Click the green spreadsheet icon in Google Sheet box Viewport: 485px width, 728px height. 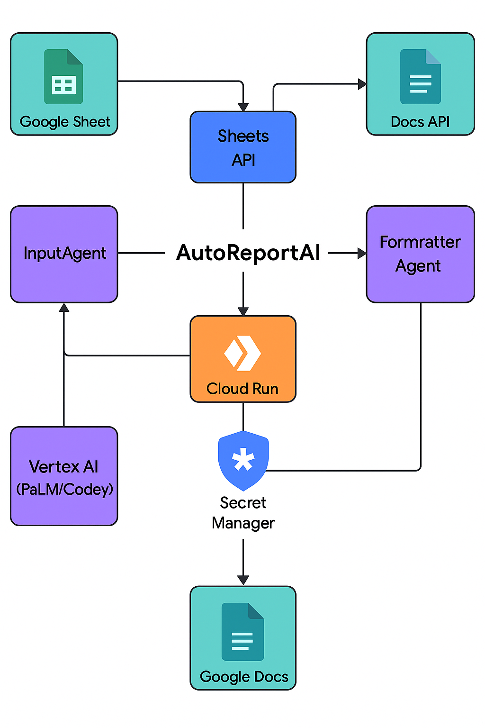[63, 77]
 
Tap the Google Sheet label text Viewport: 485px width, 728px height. [65, 122]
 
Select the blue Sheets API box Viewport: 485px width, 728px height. [243, 147]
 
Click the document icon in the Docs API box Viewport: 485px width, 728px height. [421, 77]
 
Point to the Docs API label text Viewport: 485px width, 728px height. [420, 122]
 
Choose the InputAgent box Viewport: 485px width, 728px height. [64, 254]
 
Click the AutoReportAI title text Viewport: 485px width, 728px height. [248, 253]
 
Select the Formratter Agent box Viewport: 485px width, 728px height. [420, 254]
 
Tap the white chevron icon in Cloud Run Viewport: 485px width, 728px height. [242, 353]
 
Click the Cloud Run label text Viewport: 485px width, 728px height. [242, 389]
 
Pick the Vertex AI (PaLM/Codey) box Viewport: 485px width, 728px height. [64, 476]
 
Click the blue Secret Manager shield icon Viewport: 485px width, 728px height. [243, 460]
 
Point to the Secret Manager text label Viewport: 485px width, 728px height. [243, 513]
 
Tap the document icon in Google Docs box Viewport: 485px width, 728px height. [242, 631]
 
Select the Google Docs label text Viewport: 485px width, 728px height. [244, 676]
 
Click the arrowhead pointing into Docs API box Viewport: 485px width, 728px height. [362, 84]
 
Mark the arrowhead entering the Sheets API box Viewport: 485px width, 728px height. [243, 107]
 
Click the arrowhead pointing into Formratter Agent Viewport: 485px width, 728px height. [362, 254]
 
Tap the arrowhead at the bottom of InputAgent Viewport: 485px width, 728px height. [64, 308]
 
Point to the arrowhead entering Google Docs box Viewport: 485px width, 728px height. [243, 581]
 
